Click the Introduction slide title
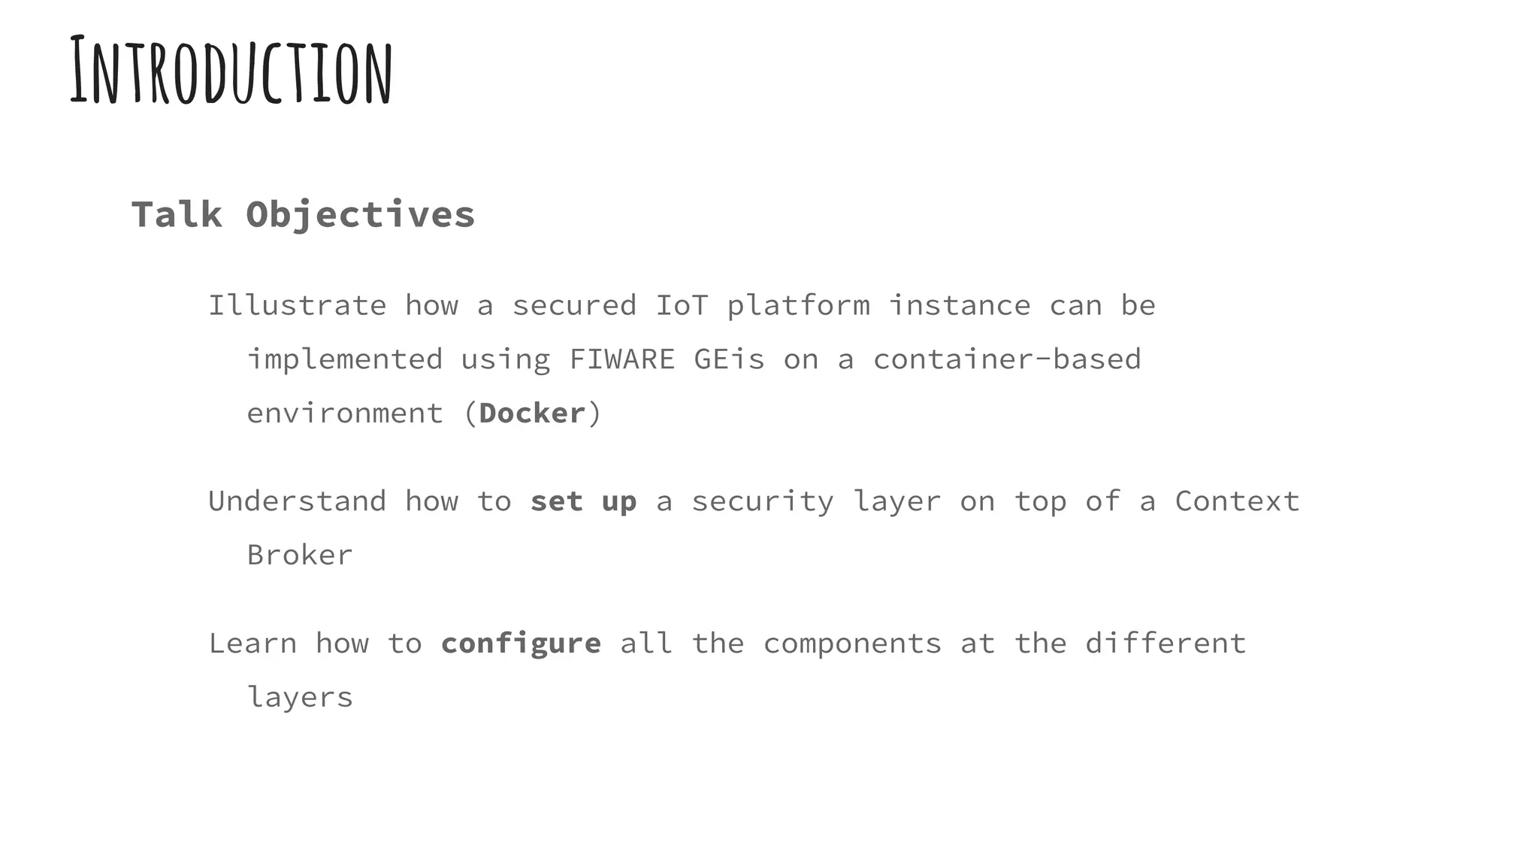point(231,71)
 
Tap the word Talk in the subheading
point(177,215)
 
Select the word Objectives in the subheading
point(360,215)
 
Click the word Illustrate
point(297,306)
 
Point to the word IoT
point(682,306)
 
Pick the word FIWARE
point(621,359)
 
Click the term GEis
point(729,359)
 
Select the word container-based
point(1007,359)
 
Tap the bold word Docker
point(532,413)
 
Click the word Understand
point(297,501)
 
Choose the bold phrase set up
point(583,501)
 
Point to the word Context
point(1237,501)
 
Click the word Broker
point(300,556)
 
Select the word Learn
point(252,643)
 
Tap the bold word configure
point(521,644)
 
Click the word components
point(852,644)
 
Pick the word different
point(1166,643)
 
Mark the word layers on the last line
point(300,698)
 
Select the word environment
point(345,413)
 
